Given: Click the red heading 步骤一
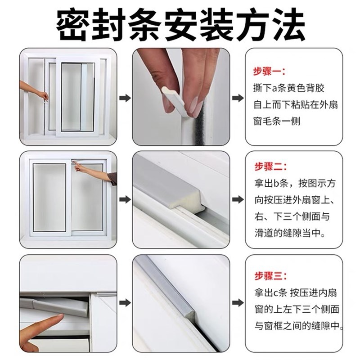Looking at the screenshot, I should coord(269,71).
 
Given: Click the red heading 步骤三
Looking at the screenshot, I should coord(269,275).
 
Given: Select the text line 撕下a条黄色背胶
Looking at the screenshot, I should coord(292,88).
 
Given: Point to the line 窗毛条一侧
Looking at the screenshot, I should coord(276,121).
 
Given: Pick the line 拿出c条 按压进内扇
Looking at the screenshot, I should coord(295,292).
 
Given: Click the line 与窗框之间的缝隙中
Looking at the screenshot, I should coord(297,325).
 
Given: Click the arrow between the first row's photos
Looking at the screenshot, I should coord(127,98).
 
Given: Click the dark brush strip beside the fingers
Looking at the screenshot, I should coord(210,117).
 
